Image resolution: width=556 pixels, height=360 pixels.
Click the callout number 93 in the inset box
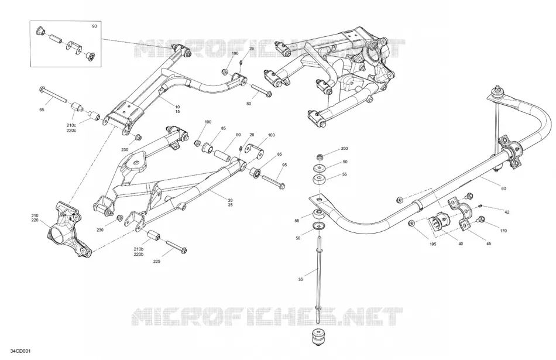point(94,26)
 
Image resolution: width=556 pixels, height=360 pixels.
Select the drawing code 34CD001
point(20,351)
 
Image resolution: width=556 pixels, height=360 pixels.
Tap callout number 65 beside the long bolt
point(42,110)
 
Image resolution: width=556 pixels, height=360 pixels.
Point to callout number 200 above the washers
point(344,149)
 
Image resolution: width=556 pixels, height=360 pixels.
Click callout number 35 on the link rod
point(301,280)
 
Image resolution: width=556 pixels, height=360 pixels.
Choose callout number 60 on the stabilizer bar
point(503,188)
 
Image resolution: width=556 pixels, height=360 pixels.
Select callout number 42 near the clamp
point(507,212)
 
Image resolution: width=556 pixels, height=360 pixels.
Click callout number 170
point(503,231)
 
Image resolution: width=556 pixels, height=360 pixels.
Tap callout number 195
point(433,244)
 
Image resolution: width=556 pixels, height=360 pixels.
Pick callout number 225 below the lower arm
point(157,262)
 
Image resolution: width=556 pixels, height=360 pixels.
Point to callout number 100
point(271,135)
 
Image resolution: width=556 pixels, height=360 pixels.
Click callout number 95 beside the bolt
point(284,165)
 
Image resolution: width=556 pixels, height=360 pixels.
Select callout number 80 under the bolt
point(249,104)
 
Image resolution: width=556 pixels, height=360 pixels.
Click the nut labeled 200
point(320,156)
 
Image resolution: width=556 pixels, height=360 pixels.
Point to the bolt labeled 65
point(53,94)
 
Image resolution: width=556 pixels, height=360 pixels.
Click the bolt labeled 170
point(481,219)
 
